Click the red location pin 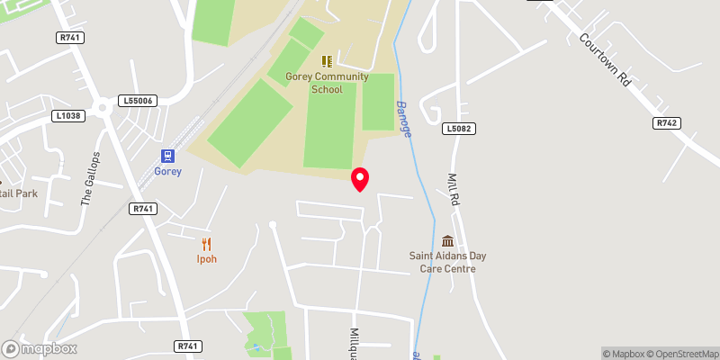coord(360,179)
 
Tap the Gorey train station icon coord(167,156)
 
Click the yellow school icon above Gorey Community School coord(327,61)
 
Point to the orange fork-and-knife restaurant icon coord(207,243)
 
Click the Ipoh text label coord(207,259)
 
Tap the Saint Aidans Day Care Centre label coord(447,262)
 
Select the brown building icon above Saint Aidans coord(447,241)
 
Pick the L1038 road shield coord(67,116)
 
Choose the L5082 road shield coord(457,130)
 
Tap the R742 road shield coord(666,122)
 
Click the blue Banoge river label coord(404,118)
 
